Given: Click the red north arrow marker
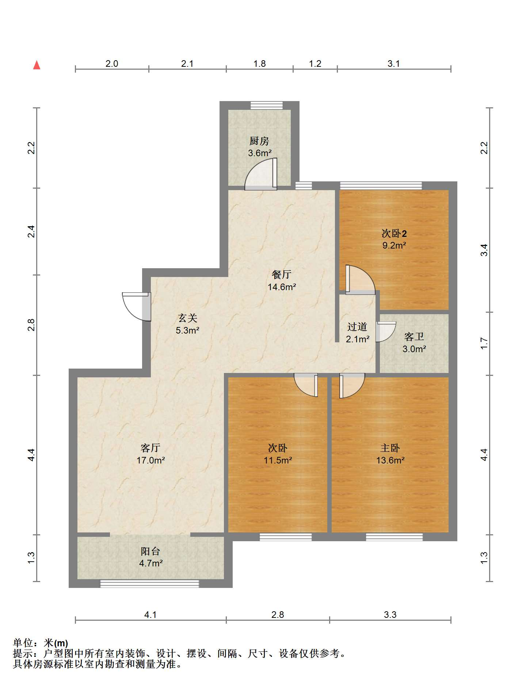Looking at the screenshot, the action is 37,65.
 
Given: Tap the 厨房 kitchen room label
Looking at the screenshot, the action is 259,141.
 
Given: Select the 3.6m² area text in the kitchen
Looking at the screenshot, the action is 260,153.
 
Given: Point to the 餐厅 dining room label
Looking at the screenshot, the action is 282,274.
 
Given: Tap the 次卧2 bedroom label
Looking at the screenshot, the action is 394,233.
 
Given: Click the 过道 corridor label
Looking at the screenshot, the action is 357,326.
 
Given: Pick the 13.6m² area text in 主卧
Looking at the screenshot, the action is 390,460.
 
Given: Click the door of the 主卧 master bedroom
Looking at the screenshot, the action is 352,385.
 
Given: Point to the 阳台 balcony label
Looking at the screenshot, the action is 150,551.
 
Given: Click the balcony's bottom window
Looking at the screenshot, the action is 150,584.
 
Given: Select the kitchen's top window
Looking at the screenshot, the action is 267,105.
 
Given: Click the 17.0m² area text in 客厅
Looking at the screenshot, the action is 150,460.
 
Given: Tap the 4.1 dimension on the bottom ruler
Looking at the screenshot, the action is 150,615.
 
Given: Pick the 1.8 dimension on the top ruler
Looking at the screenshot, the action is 259,63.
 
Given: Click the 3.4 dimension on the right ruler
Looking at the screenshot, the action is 484,250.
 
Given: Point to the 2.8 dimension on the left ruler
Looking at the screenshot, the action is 31,325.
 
